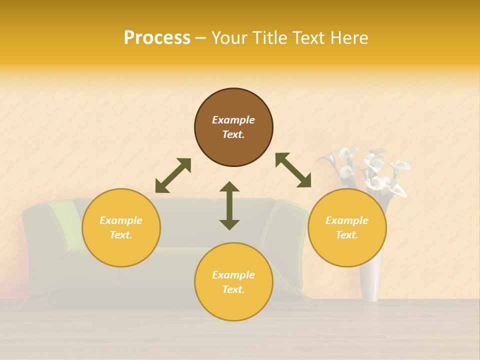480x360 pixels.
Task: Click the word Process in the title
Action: click(157, 38)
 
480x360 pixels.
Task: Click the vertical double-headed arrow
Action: click(229, 205)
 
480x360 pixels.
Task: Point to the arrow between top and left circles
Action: click(173, 175)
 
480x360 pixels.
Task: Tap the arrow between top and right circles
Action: click(293, 170)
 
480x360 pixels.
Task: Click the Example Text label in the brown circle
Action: click(233, 127)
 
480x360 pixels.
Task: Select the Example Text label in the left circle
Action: click(121, 227)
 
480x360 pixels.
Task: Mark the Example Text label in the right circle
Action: click(347, 227)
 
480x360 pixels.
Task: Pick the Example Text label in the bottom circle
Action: click(233, 282)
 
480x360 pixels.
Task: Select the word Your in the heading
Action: click(229, 38)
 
